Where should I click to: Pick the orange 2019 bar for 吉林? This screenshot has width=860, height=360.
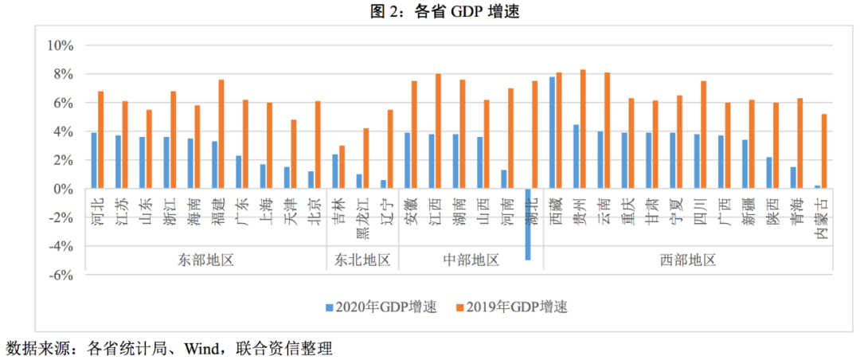click(342, 167)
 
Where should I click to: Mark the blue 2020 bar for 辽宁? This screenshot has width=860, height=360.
click(383, 184)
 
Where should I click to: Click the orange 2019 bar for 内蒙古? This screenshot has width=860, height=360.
click(824, 151)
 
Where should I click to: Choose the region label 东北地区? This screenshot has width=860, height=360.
click(362, 260)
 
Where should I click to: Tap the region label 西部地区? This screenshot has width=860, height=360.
click(687, 260)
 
